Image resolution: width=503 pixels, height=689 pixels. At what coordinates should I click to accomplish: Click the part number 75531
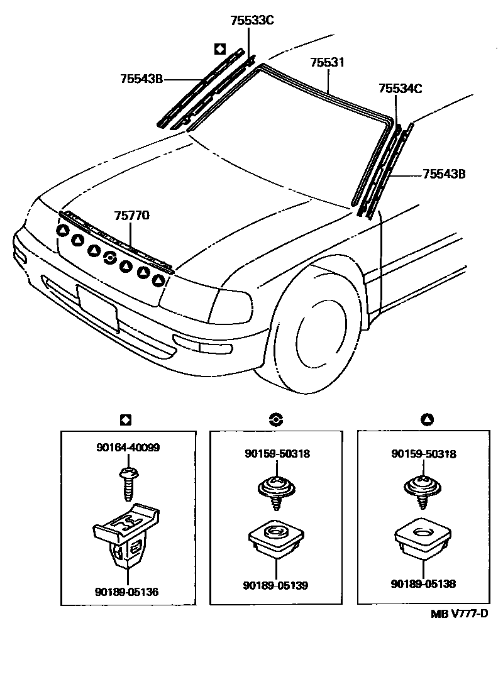[328, 63]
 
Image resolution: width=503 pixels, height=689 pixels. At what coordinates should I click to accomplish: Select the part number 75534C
[401, 89]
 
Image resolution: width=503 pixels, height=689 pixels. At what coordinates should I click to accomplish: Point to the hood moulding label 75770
[131, 216]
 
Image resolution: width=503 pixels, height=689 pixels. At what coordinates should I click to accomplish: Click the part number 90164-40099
[128, 448]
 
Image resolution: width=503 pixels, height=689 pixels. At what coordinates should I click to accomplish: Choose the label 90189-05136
[127, 592]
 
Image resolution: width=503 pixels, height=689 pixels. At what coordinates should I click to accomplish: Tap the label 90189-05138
[423, 584]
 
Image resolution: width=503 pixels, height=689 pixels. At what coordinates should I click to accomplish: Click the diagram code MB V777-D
[460, 614]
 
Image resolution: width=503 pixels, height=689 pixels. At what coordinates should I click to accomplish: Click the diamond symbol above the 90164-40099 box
[125, 419]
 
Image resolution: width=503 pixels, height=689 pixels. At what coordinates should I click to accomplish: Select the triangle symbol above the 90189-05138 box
[428, 419]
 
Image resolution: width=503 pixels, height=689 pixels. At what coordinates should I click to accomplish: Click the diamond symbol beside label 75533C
[219, 48]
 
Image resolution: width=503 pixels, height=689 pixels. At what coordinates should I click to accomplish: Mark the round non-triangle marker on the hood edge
[109, 256]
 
